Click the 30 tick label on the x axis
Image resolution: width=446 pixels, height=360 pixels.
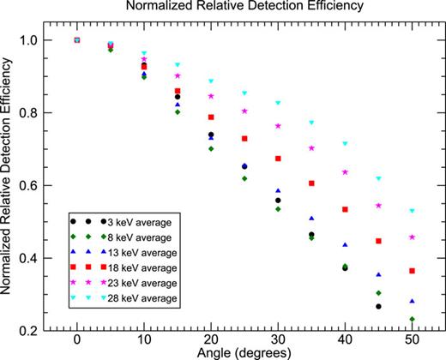click(x=278, y=339)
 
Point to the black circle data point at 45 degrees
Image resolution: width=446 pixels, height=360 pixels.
click(x=378, y=306)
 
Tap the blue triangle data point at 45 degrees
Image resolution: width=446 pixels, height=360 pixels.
click(x=378, y=275)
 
